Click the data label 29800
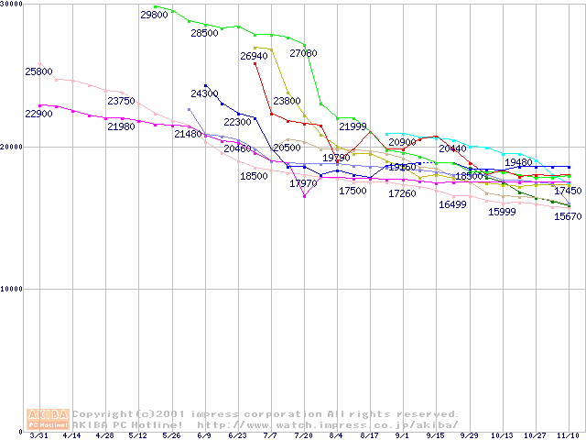click(x=154, y=15)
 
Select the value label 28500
click(x=204, y=33)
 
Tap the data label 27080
click(x=303, y=54)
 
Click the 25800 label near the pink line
click(x=38, y=71)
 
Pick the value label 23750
click(x=121, y=101)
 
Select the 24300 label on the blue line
click(x=204, y=93)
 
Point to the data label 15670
click(x=568, y=216)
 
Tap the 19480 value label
click(x=518, y=162)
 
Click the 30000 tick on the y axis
click(x=12, y=5)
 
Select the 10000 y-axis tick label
click(x=12, y=289)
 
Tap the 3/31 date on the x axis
click(x=38, y=435)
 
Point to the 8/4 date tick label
click(x=336, y=435)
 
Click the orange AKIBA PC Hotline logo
click(x=49, y=419)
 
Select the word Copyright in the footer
click(x=103, y=414)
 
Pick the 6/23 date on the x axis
click(x=236, y=435)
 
